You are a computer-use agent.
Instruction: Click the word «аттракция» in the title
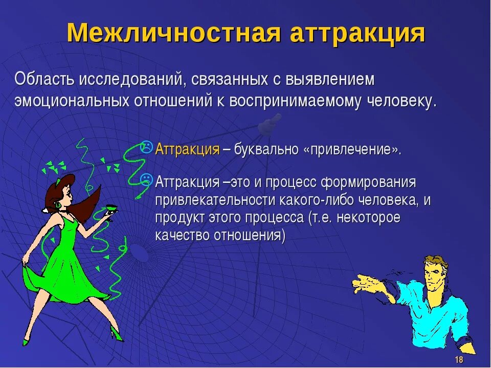coord(358,33)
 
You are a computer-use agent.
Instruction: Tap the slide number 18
coord(459,360)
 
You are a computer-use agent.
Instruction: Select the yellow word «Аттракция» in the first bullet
coord(187,149)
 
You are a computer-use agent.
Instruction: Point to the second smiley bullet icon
coord(146,179)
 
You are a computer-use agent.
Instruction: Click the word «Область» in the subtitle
coord(44,79)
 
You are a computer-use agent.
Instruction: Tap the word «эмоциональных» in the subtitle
coord(71,100)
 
